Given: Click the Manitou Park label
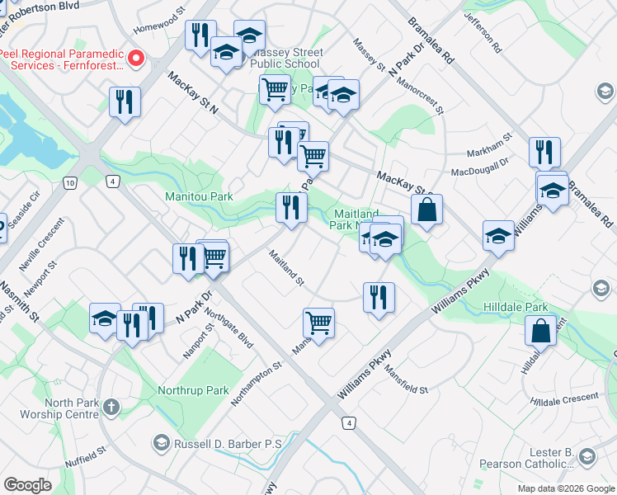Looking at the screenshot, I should [x=199, y=196].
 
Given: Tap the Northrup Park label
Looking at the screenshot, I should [x=194, y=389].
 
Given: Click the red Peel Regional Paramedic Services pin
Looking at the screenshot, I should [x=137, y=59].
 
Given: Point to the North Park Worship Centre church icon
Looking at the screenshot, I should [x=111, y=408].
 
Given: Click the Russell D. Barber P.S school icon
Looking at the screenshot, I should [x=160, y=444].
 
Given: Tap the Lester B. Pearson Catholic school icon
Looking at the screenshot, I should [x=586, y=456].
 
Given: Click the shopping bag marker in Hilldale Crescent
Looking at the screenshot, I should [x=540, y=331].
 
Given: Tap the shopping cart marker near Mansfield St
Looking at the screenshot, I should [x=318, y=323].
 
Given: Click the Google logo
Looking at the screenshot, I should [x=27, y=485].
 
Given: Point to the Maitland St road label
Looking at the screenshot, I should [x=286, y=269].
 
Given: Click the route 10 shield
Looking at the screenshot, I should [x=71, y=181].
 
